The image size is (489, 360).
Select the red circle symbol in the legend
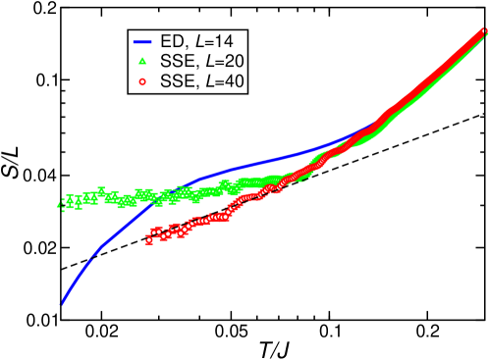[x=142, y=81]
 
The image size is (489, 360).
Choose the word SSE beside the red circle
[x=178, y=81]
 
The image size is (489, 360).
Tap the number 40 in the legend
[x=235, y=81]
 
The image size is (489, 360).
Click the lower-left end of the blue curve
[x=61, y=302]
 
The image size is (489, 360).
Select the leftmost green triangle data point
[x=60, y=205]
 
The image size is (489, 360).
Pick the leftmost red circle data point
[x=150, y=236]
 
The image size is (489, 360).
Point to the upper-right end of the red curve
[x=483, y=34]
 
